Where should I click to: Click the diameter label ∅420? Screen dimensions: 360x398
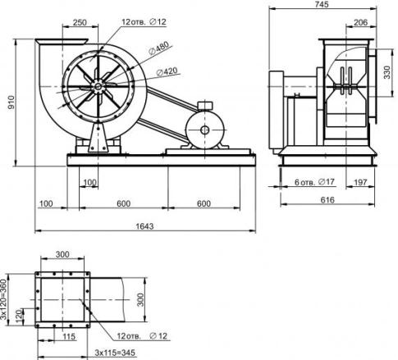point(169,71)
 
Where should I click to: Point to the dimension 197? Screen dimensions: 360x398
point(364,180)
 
